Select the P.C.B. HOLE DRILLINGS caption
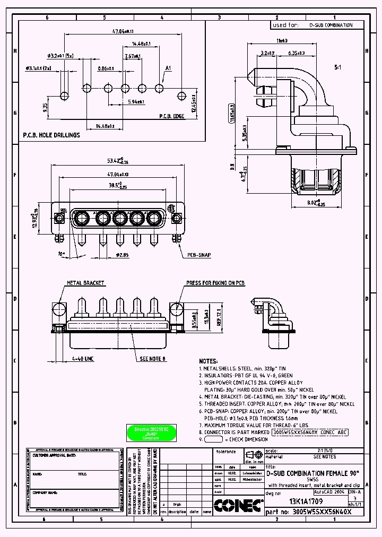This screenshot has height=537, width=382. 51,135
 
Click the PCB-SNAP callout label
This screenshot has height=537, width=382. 198,255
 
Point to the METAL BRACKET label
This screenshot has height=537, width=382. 85,283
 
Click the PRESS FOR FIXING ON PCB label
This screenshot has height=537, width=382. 215,283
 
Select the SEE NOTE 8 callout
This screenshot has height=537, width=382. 153,359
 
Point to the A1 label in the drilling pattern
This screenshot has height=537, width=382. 169,68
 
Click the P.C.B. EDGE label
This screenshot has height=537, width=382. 172,116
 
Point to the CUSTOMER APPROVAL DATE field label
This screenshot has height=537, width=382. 54,455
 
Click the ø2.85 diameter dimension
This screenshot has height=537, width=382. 123,255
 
